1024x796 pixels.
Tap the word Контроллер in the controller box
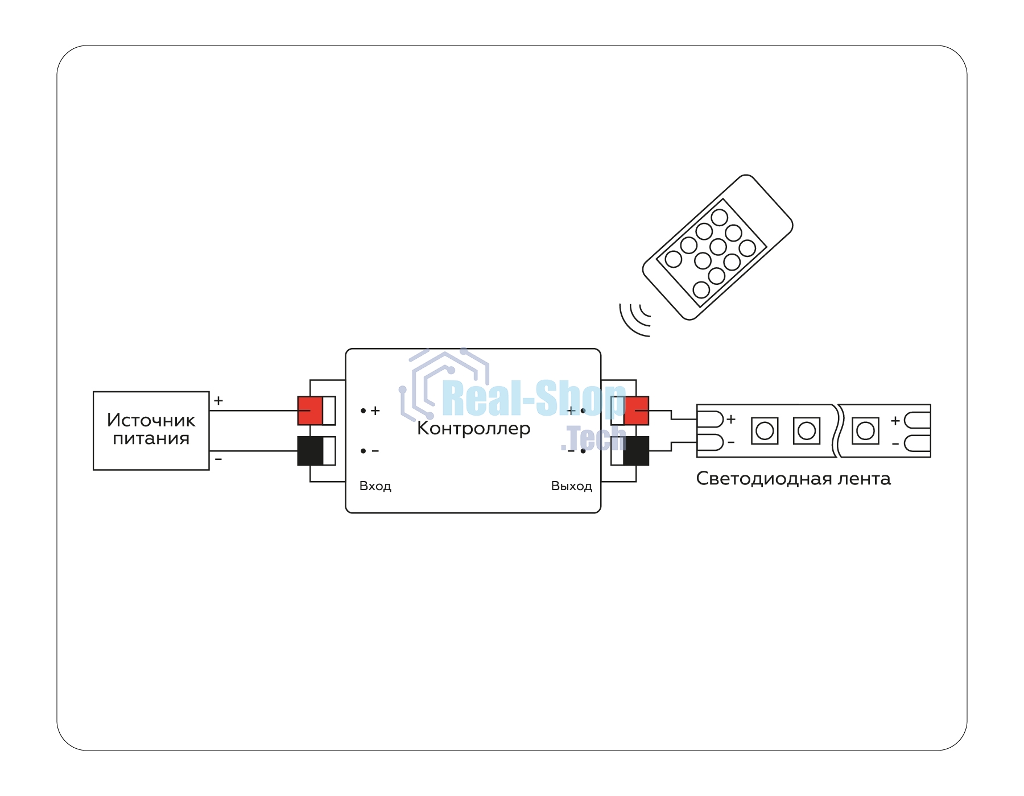pos(473,428)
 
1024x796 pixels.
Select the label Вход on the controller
pos(375,486)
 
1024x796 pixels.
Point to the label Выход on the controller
pos(572,486)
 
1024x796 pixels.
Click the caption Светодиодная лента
pos(793,479)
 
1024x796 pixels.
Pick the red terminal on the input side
pos(310,411)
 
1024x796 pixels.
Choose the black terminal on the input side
pos(310,451)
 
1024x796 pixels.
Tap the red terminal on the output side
pos(637,411)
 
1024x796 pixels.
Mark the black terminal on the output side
pos(637,451)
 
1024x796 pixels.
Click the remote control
pos(718,247)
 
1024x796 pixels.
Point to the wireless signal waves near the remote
pos(634,320)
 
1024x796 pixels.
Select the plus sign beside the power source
pos(218,401)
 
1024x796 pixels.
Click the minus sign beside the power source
pos(218,459)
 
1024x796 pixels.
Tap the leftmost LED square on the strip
pos(765,430)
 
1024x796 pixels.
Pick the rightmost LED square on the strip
pos(865,430)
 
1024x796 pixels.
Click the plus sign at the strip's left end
pos(731,420)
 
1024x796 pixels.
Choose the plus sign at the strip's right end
pos(895,421)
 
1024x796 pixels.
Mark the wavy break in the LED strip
pos(837,430)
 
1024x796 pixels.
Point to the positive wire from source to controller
pos(254,411)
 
